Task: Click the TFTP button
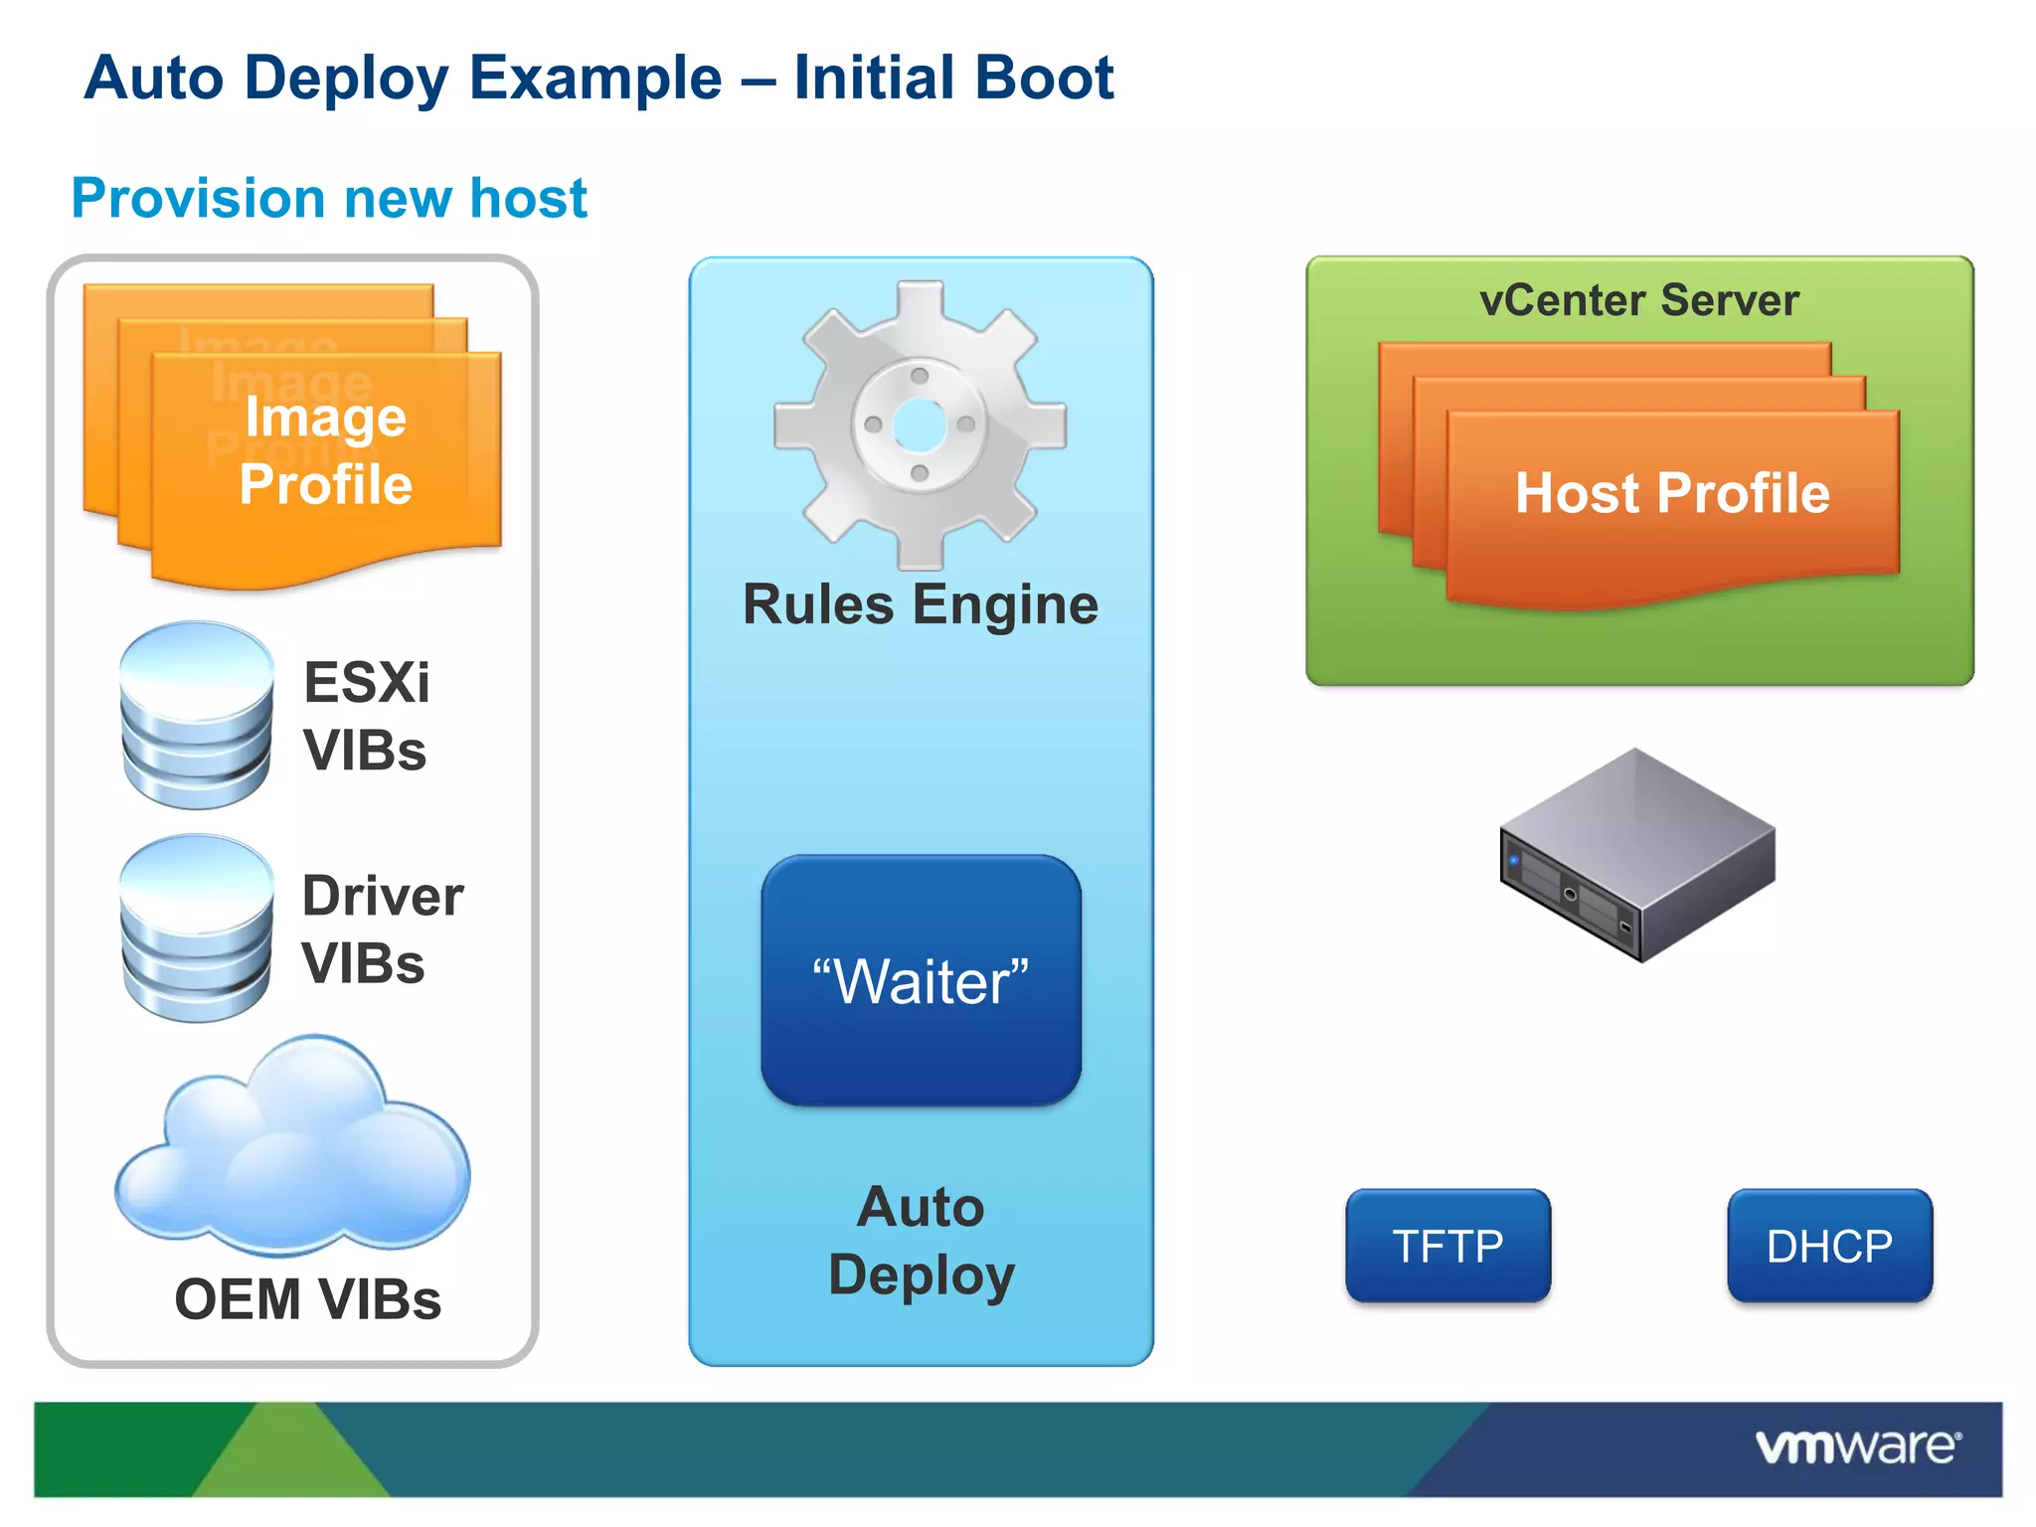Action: [1447, 1246]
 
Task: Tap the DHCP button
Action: [1829, 1246]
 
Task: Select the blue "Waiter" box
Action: [921, 980]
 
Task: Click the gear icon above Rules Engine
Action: [920, 425]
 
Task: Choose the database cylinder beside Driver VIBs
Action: [197, 928]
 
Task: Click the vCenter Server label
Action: [1638, 300]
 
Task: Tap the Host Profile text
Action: [1672, 493]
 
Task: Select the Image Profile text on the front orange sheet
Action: [326, 450]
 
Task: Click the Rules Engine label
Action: [921, 604]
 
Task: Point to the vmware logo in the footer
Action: [1857, 1446]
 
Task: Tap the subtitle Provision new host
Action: [329, 198]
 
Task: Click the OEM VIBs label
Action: [307, 1299]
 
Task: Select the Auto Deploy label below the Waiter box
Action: [921, 1241]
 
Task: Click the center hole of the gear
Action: [920, 425]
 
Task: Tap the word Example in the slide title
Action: [594, 78]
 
